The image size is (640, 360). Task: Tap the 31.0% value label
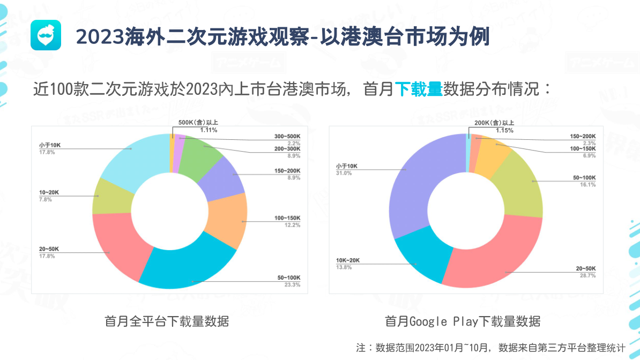click(344, 173)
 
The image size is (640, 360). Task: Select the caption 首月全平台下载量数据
click(167, 321)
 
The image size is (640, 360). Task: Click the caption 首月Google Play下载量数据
click(463, 321)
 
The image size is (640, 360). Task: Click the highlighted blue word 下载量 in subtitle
click(419, 88)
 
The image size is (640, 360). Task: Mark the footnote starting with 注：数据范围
click(490, 347)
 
